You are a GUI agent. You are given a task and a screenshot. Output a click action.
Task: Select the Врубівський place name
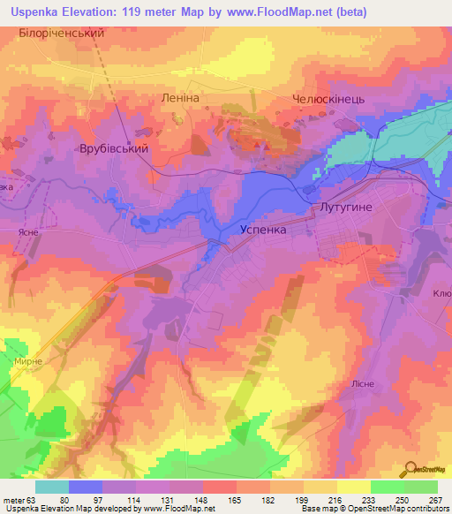pos(115,150)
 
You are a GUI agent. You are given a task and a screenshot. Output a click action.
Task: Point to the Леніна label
pos(177,98)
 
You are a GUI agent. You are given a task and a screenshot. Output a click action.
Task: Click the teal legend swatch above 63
pos(52,487)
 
